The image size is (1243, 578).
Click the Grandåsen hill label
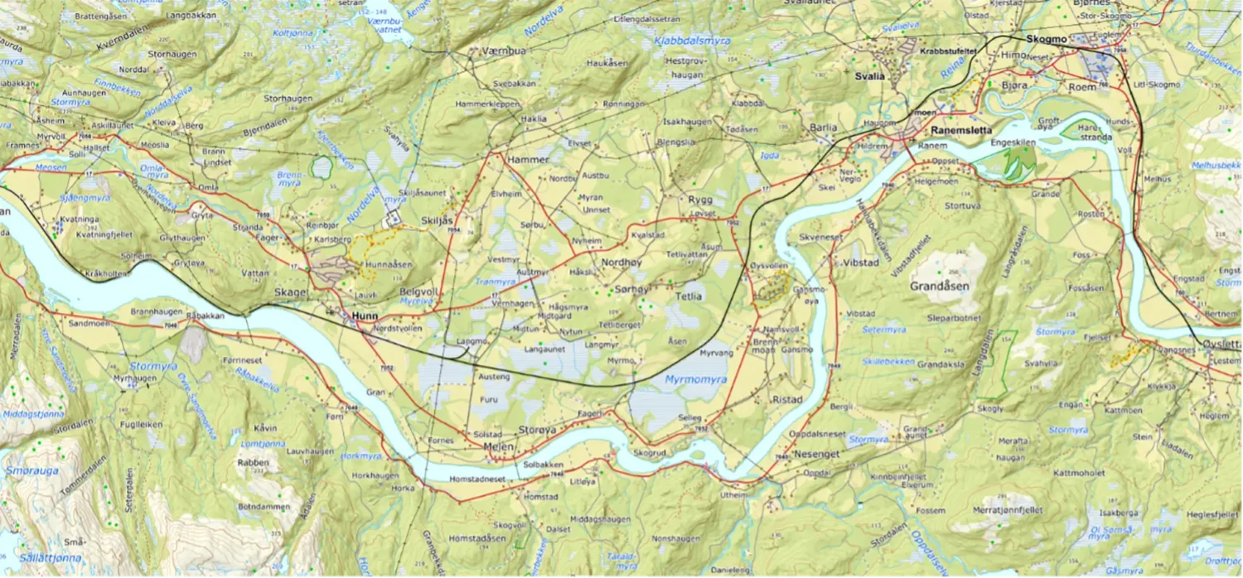coord(940,286)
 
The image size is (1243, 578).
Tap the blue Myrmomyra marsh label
coord(696,379)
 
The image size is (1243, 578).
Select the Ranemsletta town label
coord(960,130)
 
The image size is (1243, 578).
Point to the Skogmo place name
coord(1043,38)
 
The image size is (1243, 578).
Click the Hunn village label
coord(364,316)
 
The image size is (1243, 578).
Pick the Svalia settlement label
coord(870,76)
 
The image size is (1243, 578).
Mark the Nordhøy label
coord(621,262)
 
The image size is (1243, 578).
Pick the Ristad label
coord(787,399)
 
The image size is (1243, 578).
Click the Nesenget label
coord(817,454)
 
